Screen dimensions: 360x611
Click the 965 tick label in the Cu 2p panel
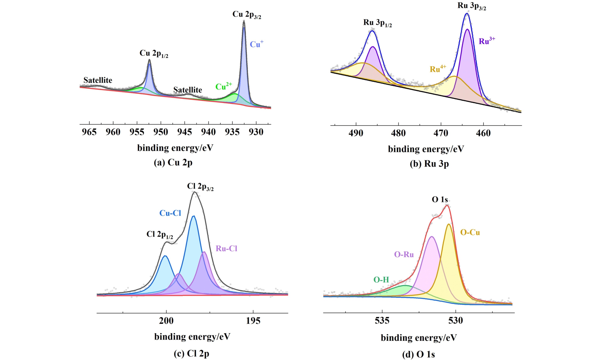point(89,132)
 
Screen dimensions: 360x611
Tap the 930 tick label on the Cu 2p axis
point(256,132)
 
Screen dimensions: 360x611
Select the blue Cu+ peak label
point(256,44)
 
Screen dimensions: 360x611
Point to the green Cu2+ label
point(224,86)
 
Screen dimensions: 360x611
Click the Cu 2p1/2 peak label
point(154,54)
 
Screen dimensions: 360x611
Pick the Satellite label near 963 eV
point(98,80)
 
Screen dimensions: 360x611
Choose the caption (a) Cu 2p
point(173,163)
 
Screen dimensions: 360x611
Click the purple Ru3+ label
point(487,41)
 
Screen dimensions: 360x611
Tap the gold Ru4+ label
point(438,69)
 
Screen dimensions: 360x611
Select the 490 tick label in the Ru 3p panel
point(356,133)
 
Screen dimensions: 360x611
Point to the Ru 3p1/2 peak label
point(377,23)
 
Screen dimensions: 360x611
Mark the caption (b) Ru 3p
point(429,164)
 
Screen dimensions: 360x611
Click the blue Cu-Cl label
point(170,213)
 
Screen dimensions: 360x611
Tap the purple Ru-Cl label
point(226,248)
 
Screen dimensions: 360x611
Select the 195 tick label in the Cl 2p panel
point(253,321)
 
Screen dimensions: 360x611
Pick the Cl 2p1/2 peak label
point(160,235)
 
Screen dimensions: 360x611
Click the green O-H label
point(381,279)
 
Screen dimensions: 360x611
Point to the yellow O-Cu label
point(470,232)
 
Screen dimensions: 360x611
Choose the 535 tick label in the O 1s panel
point(382,320)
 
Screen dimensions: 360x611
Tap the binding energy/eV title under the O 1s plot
point(418,337)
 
